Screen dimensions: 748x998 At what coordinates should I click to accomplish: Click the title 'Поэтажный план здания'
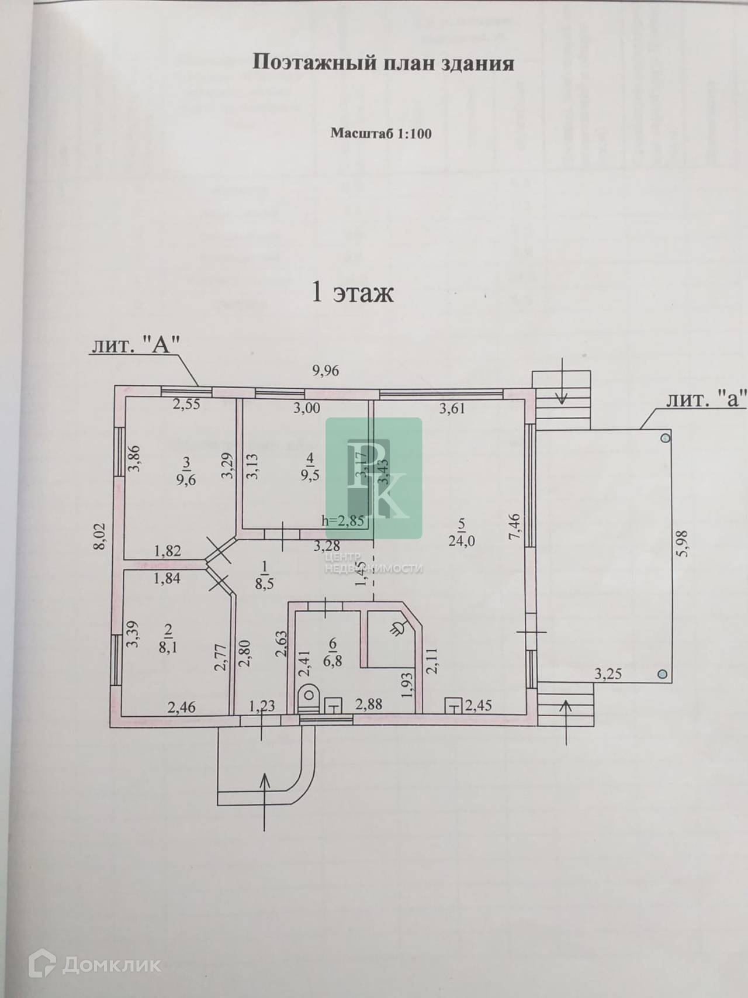tap(383, 64)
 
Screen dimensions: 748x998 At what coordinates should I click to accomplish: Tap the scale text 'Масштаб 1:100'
tap(381, 133)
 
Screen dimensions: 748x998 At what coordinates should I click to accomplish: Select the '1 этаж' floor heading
tap(353, 293)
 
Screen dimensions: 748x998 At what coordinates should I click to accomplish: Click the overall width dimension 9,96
tap(325, 370)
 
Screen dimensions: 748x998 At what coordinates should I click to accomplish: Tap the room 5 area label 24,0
tap(461, 541)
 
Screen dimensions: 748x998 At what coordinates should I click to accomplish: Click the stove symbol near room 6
tap(399, 629)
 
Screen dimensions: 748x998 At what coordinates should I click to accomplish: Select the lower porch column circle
tap(662, 674)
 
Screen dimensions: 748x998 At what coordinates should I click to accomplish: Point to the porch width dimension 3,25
tap(608, 674)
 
